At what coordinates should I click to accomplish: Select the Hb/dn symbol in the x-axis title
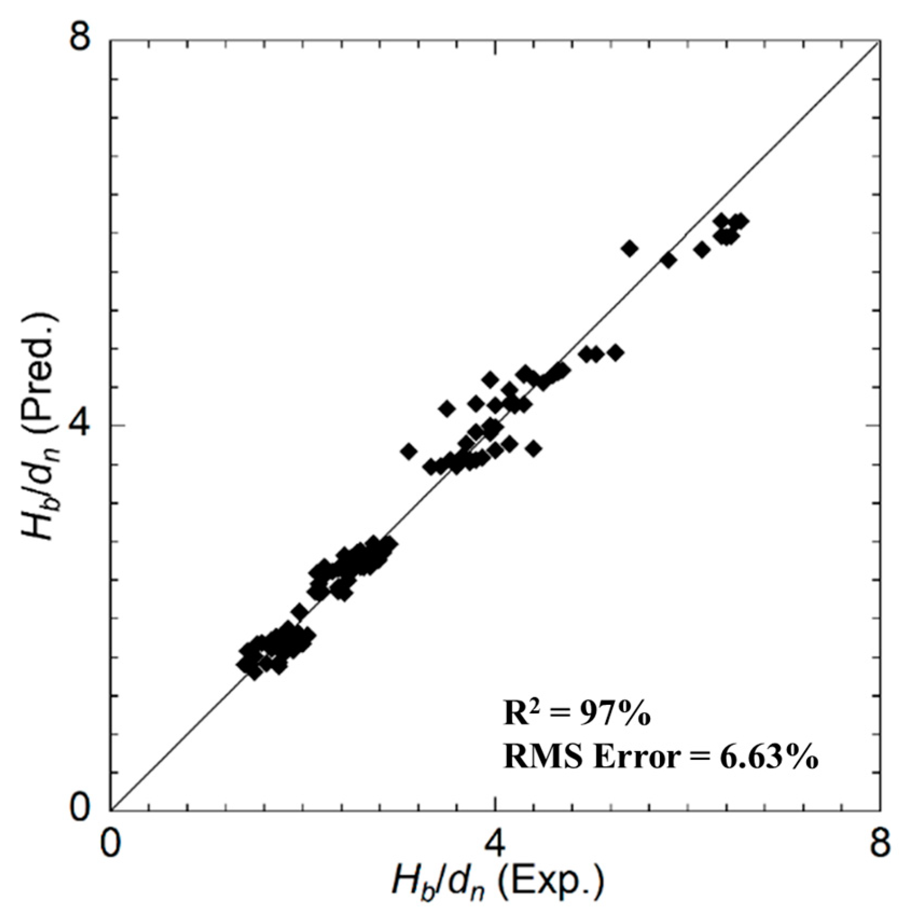[x=439, y=885]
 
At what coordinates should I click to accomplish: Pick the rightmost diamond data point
[x=741, y=221]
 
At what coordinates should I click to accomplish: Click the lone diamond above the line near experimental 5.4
[x=630, y=248]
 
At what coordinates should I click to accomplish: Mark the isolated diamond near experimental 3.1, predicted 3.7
[x=409, y=451]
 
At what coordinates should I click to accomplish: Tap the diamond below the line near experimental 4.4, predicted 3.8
[x=533, y=448]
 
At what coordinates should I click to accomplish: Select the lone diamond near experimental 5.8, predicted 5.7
[x=669, y=260]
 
